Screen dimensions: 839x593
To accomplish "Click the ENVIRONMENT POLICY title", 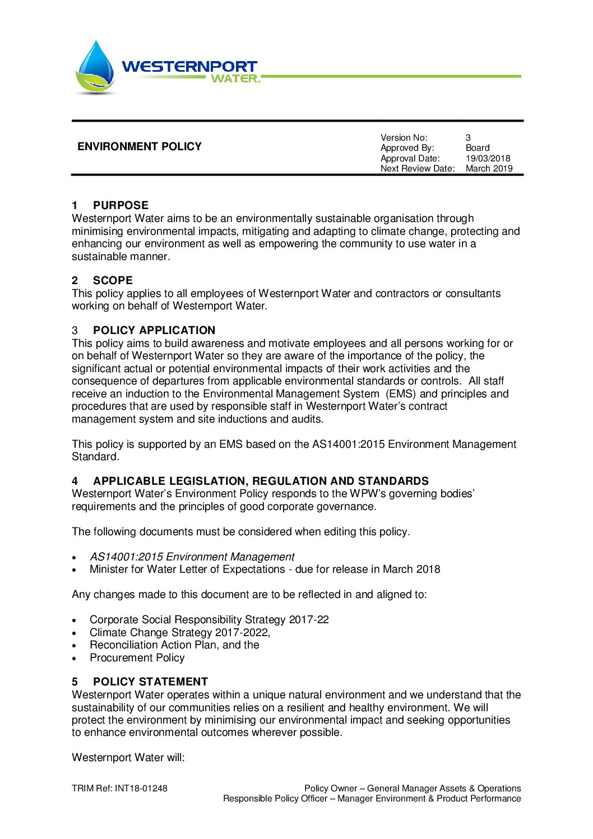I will pos(140,147).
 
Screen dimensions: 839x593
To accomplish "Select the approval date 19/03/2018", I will pos(488,158).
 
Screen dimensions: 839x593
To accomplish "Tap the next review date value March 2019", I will pos(489,168).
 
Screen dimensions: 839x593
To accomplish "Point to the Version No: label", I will pos(404,137).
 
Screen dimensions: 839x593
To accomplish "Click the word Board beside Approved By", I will pos(478,148).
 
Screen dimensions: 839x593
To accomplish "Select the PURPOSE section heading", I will pos(121,205).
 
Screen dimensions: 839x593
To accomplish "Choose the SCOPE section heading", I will pos(113,280).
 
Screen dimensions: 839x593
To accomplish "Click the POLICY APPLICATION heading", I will pos(154,330).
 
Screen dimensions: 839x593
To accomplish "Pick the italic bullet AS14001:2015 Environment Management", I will pos(192,557).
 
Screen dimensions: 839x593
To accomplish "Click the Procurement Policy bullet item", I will pos(137,657).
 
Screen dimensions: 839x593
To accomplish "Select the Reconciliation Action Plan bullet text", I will pos(174,645).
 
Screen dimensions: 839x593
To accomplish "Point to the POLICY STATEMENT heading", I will pos(150,682).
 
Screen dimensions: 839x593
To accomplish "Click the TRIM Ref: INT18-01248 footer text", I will pos(119,788).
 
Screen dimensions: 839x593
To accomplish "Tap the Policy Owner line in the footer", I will pos(413,788).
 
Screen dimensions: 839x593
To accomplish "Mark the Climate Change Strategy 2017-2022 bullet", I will pos(179,632).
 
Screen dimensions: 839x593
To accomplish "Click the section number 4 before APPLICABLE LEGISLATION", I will pos(75,481).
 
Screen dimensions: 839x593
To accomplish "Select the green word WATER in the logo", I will pos(234,78).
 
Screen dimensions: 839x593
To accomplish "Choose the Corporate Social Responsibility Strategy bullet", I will pos(209,619).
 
